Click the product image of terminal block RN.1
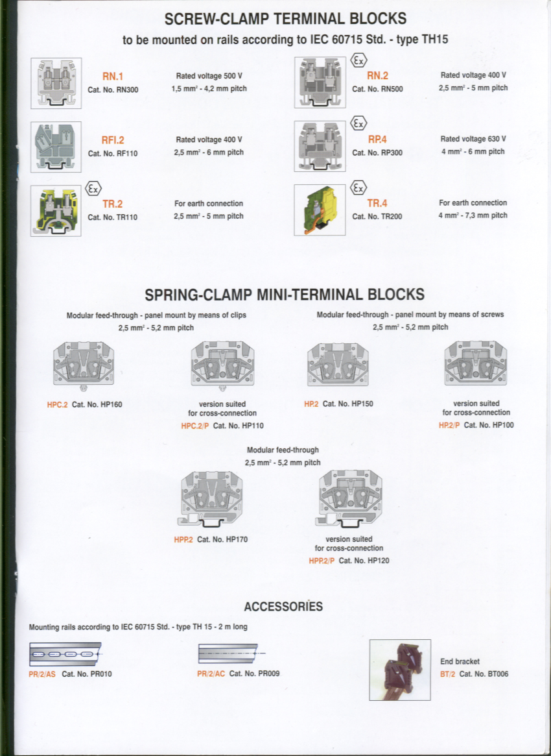tap(56, 82)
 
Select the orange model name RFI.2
tap(113, 140)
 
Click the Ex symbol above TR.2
tap(93, 189)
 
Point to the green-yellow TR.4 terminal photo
tap(320, 209)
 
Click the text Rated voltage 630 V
tap(473, 139)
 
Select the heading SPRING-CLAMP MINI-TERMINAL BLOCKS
tap(285, 295)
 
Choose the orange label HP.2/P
tap(449, 425)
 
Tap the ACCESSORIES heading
tap(283, 607)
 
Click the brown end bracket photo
tap(400, 670)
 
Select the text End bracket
tap(460, 661)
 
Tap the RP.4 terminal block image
tap(320, 146)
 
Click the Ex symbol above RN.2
tap(358, 61)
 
